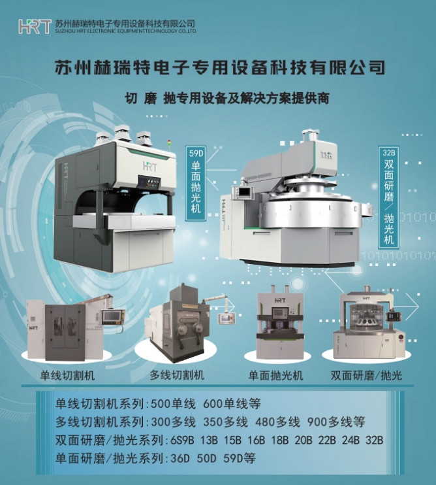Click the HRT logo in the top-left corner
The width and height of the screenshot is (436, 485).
pos(35,26)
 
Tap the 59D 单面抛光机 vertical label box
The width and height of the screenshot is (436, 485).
pos(196,182)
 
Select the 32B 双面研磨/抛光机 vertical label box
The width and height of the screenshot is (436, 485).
pos(389,197)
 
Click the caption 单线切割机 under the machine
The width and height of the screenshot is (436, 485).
pos(67,375)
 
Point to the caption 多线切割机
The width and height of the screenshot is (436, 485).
pos(177,375)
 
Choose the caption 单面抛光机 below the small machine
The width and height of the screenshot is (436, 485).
pos(275,375)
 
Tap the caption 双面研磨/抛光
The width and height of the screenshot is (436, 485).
pos(367,375)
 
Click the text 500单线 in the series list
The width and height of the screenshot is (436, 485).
pos(173,404)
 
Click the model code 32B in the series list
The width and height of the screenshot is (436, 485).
pos(375,440)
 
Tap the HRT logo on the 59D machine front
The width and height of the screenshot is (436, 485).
pos(149,167)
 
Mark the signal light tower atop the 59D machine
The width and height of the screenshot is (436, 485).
pos(168,145)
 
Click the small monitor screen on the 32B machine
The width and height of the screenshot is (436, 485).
pos(245,192)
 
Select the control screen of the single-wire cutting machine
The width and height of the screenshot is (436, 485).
pos(112,317)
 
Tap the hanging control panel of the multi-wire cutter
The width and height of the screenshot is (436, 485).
pos(226,318)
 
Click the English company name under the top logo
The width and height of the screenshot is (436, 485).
pos(126,31)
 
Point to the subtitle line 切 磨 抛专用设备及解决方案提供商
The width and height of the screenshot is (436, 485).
pos(227,98)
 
